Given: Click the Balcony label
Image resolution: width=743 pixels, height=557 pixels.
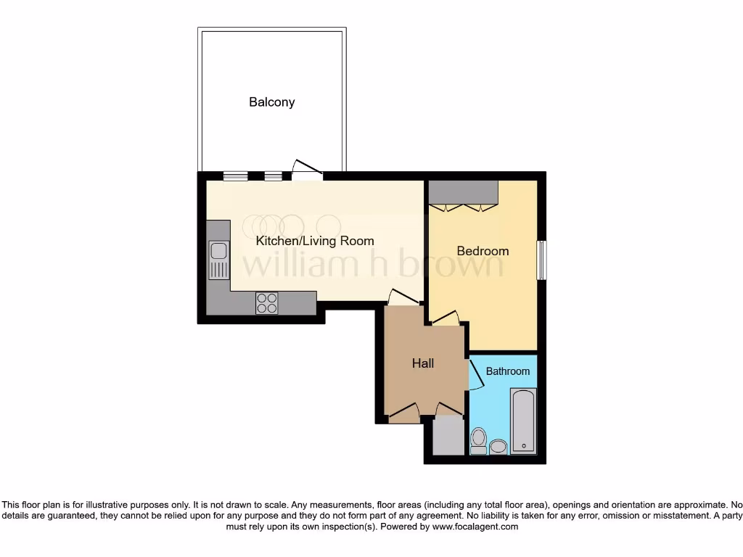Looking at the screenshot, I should [x=272, y=102].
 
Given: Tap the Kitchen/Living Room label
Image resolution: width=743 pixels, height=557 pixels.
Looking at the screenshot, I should [x=315, y=241].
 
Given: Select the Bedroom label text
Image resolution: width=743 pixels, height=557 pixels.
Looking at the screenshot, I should [x=483, y=251].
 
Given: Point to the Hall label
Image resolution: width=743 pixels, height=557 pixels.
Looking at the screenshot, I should [x=423, y=363].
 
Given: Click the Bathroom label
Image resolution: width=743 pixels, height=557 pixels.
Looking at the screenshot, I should [x=507, y=371].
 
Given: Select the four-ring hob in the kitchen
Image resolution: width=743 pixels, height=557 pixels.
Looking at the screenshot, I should [x=266, y=302].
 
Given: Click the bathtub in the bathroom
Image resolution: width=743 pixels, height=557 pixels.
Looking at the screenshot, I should [x=523, y=421].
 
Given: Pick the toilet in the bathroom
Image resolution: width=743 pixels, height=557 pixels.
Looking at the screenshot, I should [x=478, y=440].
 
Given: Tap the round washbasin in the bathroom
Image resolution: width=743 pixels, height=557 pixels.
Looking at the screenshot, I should [x=498, y=446].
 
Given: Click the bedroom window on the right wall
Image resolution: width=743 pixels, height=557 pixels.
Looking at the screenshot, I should [x=541, y=260].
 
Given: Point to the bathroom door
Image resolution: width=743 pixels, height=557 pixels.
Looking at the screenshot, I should [x=476, y=374].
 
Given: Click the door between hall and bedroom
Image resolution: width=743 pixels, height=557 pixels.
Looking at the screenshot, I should [x=446, y=318].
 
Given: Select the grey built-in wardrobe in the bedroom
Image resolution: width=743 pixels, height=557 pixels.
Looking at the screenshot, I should [x=463, y=192].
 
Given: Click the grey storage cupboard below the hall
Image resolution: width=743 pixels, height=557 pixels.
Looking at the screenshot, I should [x=448, y=436].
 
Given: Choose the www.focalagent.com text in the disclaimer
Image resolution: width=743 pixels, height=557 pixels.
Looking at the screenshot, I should [x=475, y=527].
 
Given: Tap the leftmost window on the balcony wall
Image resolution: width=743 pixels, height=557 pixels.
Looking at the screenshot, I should [x=234, y=175].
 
